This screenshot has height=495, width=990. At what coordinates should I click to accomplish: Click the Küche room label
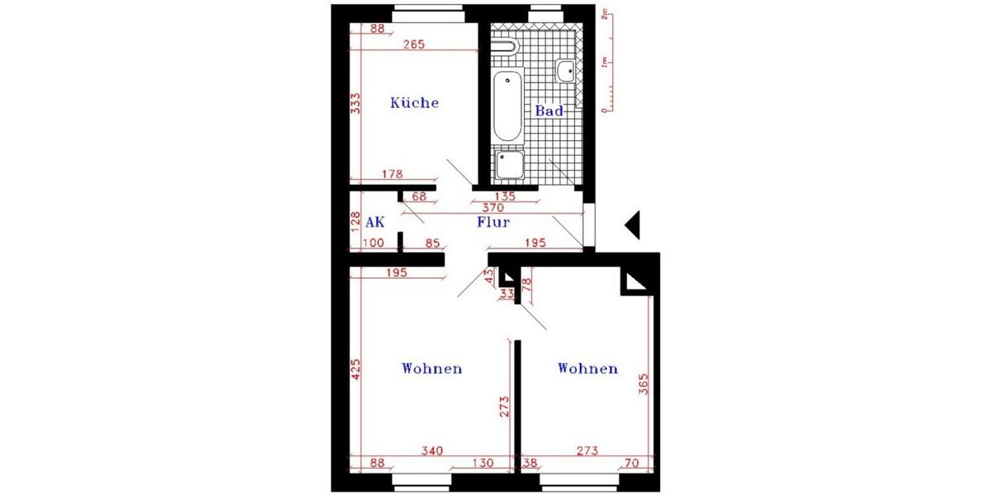point(414,103)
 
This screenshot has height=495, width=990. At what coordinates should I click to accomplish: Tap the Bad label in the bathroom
point(549,111)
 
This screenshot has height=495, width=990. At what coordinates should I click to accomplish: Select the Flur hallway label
point(493,222)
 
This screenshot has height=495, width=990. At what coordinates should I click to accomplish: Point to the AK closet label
point(375,222)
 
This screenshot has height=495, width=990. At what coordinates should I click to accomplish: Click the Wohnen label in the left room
point(431,368)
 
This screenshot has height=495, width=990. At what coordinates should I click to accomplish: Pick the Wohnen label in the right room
point(587,368)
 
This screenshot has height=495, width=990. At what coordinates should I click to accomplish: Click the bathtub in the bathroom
point(507,106)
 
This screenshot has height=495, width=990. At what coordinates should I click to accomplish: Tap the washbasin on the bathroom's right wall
point(566,72)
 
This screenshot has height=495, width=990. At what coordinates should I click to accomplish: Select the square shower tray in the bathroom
point(509,165)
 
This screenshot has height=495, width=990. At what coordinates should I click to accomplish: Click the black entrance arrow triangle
point(633,225)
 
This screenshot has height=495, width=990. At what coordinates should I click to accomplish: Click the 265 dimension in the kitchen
point(414,45)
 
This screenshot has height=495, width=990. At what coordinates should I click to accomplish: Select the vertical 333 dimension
point(356,103)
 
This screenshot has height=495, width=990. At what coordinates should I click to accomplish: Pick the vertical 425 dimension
point(356,368)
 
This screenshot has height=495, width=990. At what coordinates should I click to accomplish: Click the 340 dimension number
point(431,450)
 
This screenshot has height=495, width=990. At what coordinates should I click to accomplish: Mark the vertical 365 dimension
point(644,385)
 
